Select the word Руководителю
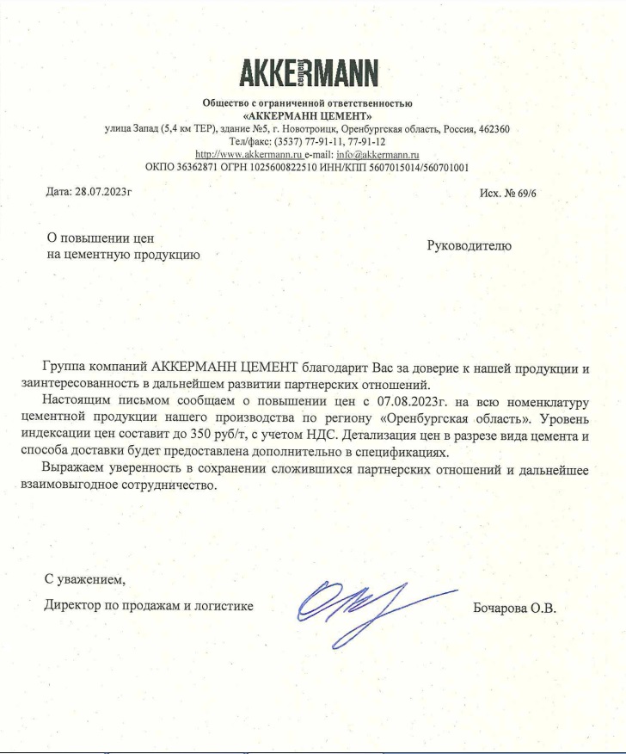coord(469,246)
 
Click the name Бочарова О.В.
coord(515,608)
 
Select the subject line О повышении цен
coord(100,238)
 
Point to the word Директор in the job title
coord(72,605)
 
